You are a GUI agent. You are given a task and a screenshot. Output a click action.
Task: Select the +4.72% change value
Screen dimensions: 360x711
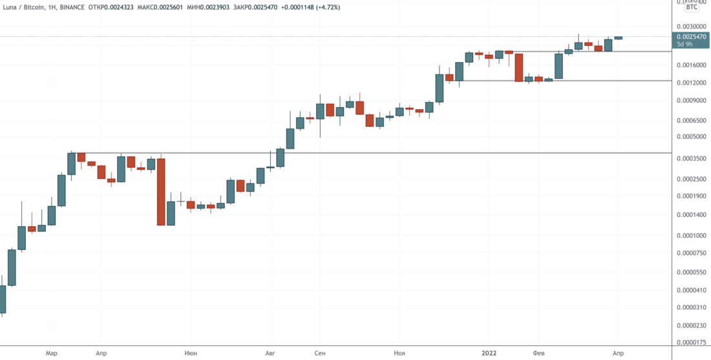point(326,7)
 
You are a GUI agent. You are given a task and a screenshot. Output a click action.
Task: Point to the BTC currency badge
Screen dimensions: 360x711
point(691,7)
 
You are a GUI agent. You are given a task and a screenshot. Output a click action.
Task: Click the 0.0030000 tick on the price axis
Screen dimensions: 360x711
point(691,26)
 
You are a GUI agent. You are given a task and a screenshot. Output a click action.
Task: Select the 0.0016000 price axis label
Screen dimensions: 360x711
point(691,65)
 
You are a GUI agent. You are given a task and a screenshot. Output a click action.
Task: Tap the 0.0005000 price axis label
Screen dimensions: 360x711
point(691,137)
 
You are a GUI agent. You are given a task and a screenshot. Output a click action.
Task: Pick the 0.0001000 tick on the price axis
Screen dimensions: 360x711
point(691,236)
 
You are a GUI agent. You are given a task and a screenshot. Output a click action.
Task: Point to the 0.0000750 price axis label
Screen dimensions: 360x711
point(691,253)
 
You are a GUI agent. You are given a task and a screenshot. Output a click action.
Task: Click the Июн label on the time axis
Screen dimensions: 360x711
point(190,353)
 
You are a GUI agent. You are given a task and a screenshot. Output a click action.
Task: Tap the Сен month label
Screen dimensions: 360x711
point(319,353)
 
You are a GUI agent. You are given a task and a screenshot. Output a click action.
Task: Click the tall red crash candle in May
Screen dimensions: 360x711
point(161,191)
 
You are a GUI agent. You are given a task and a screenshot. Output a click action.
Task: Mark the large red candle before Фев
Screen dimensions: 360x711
point(518,67)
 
